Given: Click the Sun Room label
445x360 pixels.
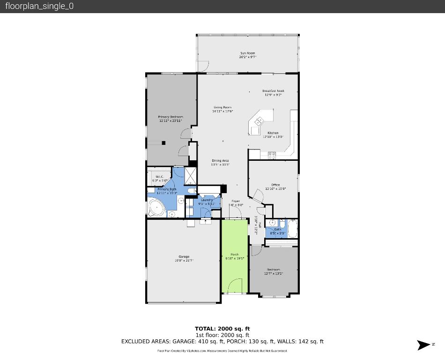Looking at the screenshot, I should [x=247, y=53].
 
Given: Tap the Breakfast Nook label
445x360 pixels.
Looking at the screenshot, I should [x=273, y=91].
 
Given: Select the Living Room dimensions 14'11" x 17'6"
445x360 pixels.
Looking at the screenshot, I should [x=222, y=112].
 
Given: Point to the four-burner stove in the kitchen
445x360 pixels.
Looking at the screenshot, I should [x=271, y=154].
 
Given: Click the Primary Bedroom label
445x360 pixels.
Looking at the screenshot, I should [x=170, y=117].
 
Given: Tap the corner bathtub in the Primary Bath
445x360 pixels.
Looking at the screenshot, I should [x=155, y=208].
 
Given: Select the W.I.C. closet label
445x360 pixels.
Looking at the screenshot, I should [x=160, y=177].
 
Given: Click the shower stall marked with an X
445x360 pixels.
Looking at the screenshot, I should [x=191, y=175].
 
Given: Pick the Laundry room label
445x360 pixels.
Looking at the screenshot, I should [x=207, y=200].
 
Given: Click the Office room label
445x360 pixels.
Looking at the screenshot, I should [x=275, y=185].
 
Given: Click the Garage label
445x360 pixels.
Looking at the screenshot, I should [x=184, y=256].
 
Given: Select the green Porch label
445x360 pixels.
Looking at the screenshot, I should [x=235, y=255].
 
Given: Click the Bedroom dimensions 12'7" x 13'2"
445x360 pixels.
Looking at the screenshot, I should [x=274, y=273].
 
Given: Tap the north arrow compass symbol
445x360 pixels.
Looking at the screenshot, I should [x=423, y=345].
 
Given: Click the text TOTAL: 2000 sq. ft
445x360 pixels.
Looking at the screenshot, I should [x=222, y=329].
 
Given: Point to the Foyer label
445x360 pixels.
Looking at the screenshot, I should [x=236, y=201].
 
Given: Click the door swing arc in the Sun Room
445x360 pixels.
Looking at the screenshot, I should [x=202, y=66].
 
